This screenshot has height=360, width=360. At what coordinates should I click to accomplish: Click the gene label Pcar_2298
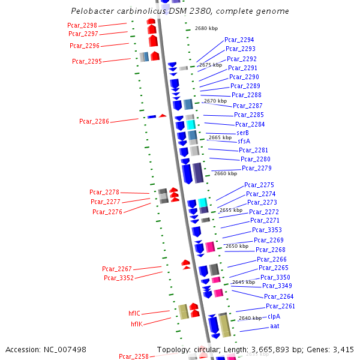pyautogui.click(x=83, y=25)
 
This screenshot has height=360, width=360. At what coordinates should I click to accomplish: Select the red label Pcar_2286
pyautogui.click(x=94, y=121)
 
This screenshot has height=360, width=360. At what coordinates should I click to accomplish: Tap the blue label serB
pyautogui.click(x=243, y=133)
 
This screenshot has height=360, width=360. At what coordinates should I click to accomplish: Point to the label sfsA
pyautogui.click(x=244, y=141)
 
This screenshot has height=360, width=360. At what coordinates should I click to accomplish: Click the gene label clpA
pyautogui.click(x=274, y=316)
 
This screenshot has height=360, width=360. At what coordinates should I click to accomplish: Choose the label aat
pyautogui.click(x=275, y=326)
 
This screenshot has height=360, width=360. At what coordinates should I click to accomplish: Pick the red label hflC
pyautogui.click(x=134, y=313)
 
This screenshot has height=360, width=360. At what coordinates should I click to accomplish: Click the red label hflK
pyautogui.click(x=137, y=324)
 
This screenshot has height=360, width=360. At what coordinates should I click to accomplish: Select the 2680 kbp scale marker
pyautogui.click(x=206, y=28)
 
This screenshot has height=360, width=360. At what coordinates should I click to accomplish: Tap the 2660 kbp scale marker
pyautogui.click(x=225, y=173)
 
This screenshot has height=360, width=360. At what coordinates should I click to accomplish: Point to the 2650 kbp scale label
pyautogui.click(x=236, y=246)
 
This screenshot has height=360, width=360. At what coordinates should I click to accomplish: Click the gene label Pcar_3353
pyautogui.click(x=266, y=230)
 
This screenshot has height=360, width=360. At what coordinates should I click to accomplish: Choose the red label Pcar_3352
pyautogui.click(x=119, y=278)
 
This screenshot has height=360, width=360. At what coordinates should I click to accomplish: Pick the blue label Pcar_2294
pyautogui.click(x=239, y=40)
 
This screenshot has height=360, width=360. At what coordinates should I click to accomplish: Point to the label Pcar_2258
pyautogui.click(x=133, y=356)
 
